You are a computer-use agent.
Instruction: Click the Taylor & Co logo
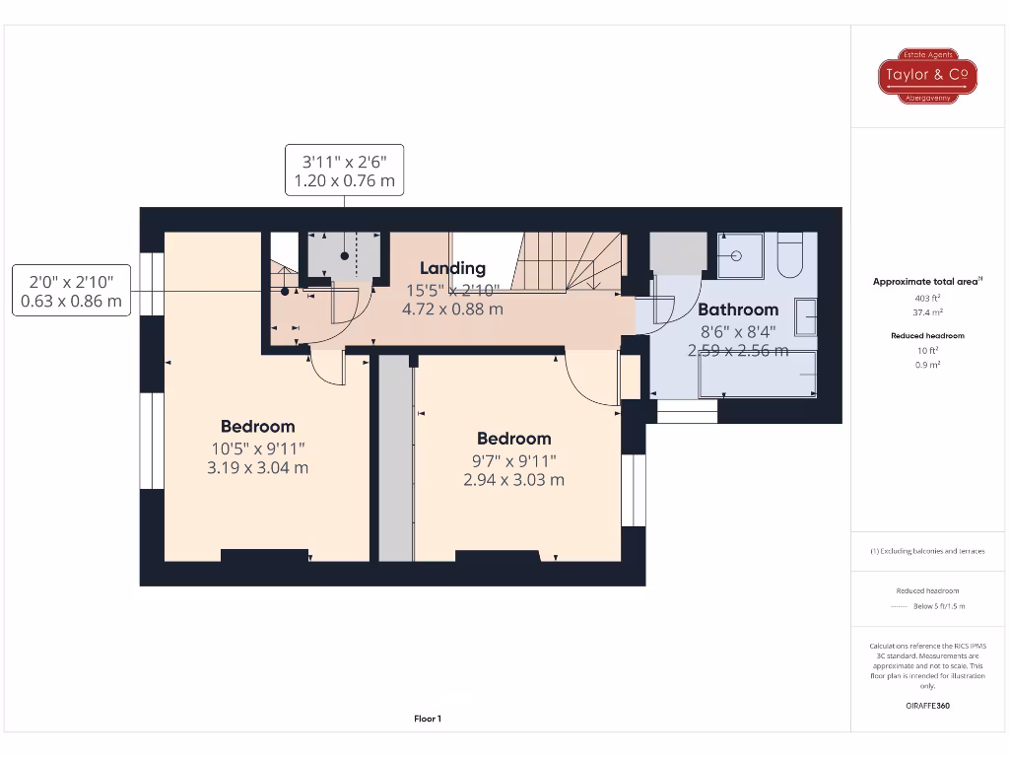click(926, 76)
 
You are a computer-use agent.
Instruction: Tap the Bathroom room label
click(738, 310)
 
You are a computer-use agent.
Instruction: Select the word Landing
click(452, 268)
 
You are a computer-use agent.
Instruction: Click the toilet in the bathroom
click(790, 254)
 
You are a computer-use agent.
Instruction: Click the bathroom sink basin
click(805, 317)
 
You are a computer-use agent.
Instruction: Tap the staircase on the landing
click(572, 261)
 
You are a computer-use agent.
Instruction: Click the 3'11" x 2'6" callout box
click(344, 170)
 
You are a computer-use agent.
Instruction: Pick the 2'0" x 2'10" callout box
click(72, 291)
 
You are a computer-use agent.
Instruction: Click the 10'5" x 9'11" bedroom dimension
click(257, 448)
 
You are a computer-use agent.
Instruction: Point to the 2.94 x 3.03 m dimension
click(513, 480)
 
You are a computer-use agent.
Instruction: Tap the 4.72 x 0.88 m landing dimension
click(452, 309)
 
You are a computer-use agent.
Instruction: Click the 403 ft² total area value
click(926, 297)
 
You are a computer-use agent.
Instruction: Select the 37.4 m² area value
click(926, 311)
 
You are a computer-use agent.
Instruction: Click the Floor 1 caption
click(428, 719)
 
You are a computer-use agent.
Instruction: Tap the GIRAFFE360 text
click(926, 706)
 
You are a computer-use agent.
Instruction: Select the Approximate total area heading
click(926, 282)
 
